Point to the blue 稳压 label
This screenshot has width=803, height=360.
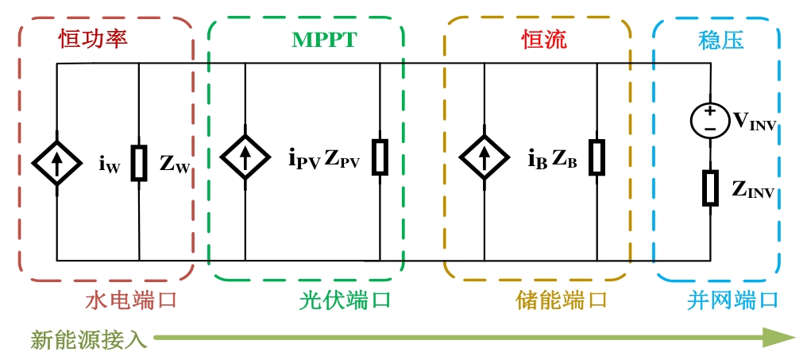(x=720, y=40)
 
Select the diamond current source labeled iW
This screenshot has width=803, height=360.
(x=57, y=163)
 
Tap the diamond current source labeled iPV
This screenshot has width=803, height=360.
(x=245, y=156)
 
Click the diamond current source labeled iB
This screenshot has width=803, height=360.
(x=485, y=157)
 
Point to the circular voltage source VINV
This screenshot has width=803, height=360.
(x=709, y=120)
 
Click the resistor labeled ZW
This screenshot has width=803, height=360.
(x=139, y=163)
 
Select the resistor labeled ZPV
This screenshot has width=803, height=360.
(x=380, y=157)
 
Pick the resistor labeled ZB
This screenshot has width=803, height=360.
(x=597, y=157)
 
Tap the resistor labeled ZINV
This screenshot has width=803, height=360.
(x=710, y=188)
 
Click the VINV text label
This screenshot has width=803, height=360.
(x=755, y=122)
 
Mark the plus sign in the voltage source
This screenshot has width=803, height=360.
(x=709, y=111)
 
